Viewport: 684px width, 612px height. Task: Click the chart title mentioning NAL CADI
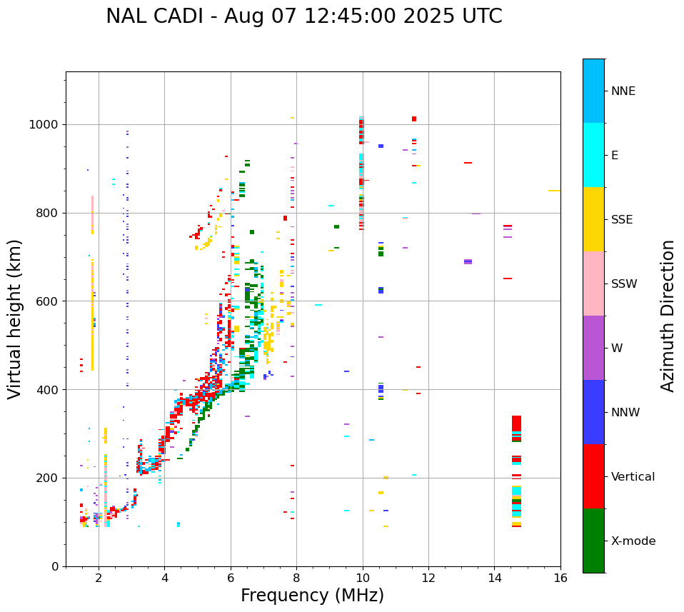304,16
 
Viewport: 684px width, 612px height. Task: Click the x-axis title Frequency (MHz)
312,596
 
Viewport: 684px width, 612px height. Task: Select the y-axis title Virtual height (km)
15,318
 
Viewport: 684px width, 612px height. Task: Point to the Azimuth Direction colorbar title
668,316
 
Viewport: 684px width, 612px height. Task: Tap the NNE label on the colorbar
623,91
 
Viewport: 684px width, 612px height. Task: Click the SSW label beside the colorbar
624,284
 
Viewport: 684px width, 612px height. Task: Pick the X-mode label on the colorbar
633,541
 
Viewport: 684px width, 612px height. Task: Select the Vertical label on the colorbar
633,477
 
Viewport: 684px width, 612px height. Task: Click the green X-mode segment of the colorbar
593,541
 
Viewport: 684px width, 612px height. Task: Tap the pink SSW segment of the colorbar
593,284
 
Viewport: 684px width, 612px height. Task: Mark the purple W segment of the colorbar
593,348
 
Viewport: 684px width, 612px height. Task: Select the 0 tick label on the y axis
56,566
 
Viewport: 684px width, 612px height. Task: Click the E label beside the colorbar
614,156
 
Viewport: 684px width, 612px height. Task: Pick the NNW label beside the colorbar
625,413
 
